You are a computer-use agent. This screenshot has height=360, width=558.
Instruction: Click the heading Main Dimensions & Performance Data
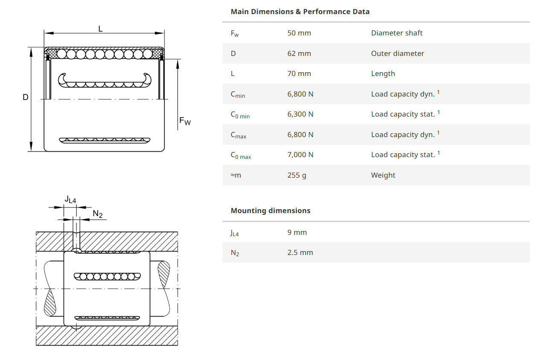point(300,12)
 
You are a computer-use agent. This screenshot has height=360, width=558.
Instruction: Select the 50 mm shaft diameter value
point(299,33)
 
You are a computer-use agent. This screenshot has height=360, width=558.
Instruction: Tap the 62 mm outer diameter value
point(299,53)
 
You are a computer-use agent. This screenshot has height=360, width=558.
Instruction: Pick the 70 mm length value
point(299,73)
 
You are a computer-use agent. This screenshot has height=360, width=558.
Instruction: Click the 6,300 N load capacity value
point(300,114)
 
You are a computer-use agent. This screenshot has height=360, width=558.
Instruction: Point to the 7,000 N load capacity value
point(300,155)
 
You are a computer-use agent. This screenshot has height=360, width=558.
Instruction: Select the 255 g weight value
point(296,175)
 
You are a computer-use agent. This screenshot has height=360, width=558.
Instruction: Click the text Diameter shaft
point(397,33)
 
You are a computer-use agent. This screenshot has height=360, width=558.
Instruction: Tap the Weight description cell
point(383,175)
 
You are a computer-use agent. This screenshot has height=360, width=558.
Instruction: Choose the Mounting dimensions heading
point(270,211)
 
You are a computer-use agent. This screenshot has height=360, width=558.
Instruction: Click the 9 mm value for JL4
point(297,232)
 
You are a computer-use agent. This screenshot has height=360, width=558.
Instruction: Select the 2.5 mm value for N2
point(300,252)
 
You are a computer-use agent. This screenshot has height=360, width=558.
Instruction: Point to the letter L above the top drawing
point(100,29)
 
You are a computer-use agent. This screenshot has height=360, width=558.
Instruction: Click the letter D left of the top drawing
point(26,97)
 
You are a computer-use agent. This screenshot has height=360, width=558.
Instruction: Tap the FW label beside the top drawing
point(185,122)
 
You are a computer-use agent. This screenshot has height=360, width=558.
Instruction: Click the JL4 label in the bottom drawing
point(70,199)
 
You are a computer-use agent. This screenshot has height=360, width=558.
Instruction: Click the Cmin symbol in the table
point(238,94)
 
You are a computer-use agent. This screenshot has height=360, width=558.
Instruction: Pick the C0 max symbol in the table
point(241,155)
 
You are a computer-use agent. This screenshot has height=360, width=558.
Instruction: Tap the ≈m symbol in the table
point(236,175)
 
